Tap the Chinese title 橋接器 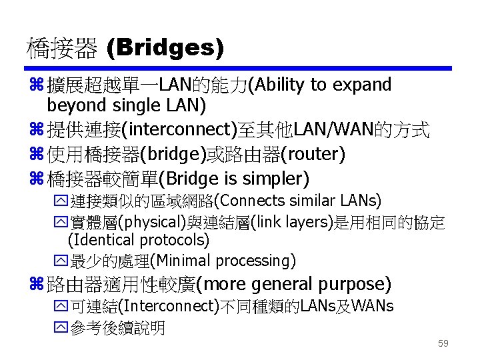pyautogui.click(x=61, y=49)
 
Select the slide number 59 pyautogui.click(x=443, y=344)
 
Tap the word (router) pyautogui.click(x=313, y=155)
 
